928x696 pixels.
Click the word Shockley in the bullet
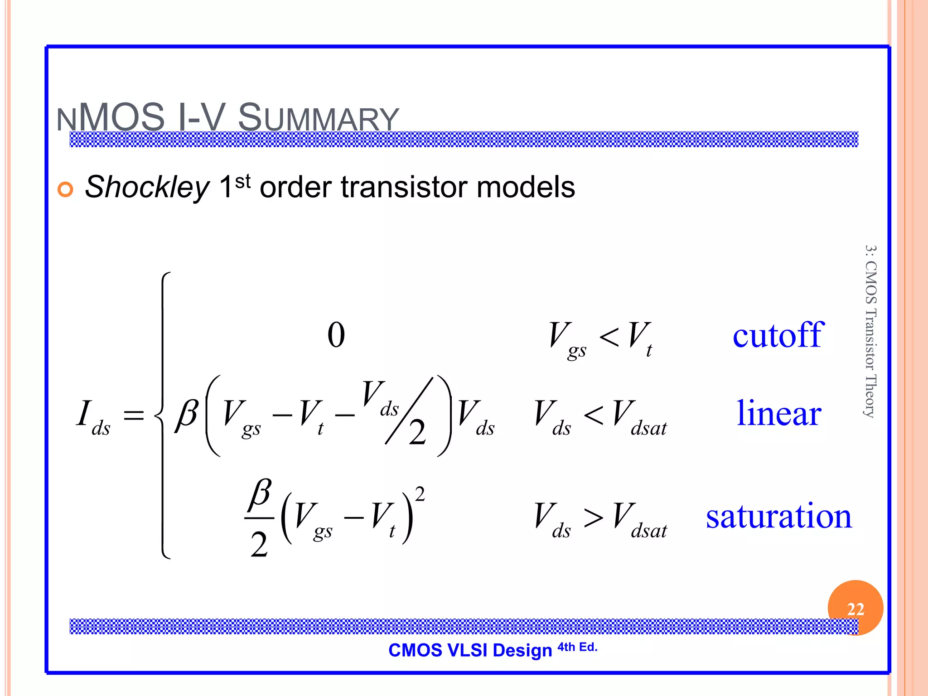click(x=147, y=187)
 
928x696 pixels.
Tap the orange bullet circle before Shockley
click(x=65, y=189)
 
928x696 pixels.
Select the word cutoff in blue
click(x=778, y=335)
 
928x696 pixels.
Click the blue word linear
click(x=779, y=413)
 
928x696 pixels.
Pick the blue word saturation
click(x=779, y=516)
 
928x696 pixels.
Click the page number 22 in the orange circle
click(x=855, y=609)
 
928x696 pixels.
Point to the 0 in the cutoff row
click(x=336, y=335)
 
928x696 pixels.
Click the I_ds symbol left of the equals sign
click(x=92, y=417)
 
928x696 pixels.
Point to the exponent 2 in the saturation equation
click(x=420, y=494)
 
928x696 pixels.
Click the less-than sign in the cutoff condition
click(x=609, y=338)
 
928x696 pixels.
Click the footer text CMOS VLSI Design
click(x=470, y=650)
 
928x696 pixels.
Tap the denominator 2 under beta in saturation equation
click(x=259, y=544)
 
